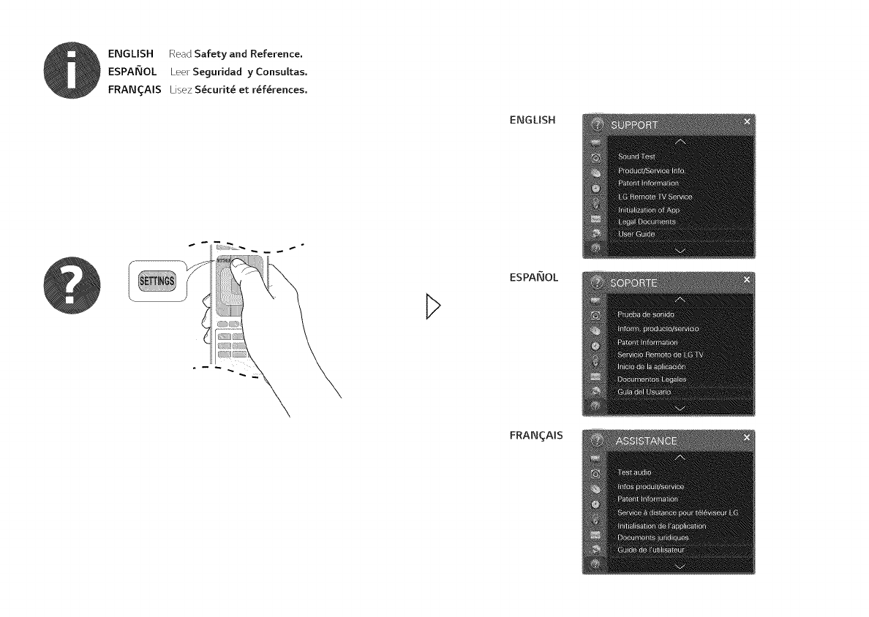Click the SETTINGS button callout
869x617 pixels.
[x=154, y=280]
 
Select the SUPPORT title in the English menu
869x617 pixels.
[x=635, y=125]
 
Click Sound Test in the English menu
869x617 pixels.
[x=636, y=156]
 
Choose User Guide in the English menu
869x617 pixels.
[x=636, y=234]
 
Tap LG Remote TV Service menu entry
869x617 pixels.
[x=655, y=197]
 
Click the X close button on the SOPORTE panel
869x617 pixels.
[x=747, y=279]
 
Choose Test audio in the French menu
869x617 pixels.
[x=634, y=473]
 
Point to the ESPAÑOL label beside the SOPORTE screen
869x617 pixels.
[x=533, y=277]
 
